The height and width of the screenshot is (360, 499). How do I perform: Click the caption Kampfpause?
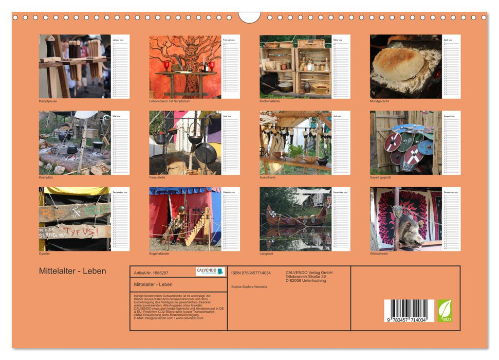click(48, 101)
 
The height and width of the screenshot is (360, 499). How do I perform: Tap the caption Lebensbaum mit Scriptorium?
click(170, 101)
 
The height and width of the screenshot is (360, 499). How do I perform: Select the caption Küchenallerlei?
click(270, 101)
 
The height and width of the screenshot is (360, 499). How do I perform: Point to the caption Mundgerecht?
click(379, 101)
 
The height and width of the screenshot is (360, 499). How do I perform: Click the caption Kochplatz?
click(46, 177)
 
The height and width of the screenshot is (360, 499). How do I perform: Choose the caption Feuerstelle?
click(158, 177)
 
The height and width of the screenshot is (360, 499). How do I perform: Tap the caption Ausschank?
click(268, 177)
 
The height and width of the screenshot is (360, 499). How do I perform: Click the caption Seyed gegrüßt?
click(381, 177)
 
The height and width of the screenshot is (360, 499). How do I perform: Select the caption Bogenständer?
click(160, 254)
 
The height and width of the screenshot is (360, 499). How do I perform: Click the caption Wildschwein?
click(379, 254)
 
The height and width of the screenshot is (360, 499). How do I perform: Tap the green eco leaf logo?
click(445, 311)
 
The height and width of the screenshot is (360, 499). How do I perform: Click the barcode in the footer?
click(409, 311)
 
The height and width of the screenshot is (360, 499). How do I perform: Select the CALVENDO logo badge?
click(210, 272)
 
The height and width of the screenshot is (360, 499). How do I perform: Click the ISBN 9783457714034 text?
click(251, 273)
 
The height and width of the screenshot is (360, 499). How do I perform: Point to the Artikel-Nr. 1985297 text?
click(151, 273)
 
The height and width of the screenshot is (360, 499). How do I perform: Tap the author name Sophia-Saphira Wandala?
click(249, 287)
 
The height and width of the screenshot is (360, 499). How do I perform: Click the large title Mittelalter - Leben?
click(72, 271)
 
